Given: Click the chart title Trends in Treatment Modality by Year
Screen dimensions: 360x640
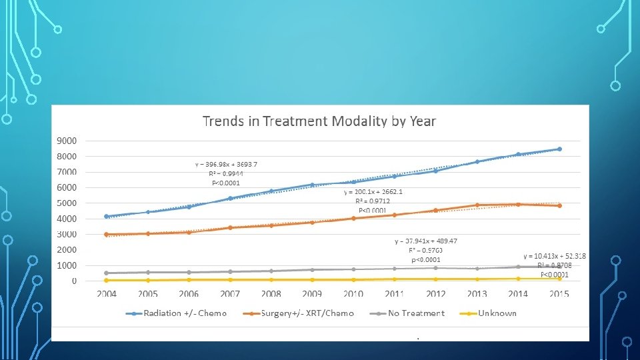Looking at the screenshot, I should pos(319,121).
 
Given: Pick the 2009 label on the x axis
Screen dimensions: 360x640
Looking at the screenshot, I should pos(312,294).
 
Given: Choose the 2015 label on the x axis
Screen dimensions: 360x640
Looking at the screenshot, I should pos(559,294).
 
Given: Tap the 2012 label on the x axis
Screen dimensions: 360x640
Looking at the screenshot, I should pos(435,294).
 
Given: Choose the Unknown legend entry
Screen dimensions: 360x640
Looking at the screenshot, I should pos(497,313).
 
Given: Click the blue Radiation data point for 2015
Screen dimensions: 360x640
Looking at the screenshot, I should pos(559,149).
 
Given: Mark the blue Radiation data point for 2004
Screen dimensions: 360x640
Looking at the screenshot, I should pos(107,216).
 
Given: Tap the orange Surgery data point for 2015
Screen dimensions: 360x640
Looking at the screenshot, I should pos(559,205).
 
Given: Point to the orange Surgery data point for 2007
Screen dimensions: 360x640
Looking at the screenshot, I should pos(230,227).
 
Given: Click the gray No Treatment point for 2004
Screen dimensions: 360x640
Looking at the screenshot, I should pos(107,273).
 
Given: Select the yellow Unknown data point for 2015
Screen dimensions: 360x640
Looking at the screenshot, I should pos(559,279).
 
